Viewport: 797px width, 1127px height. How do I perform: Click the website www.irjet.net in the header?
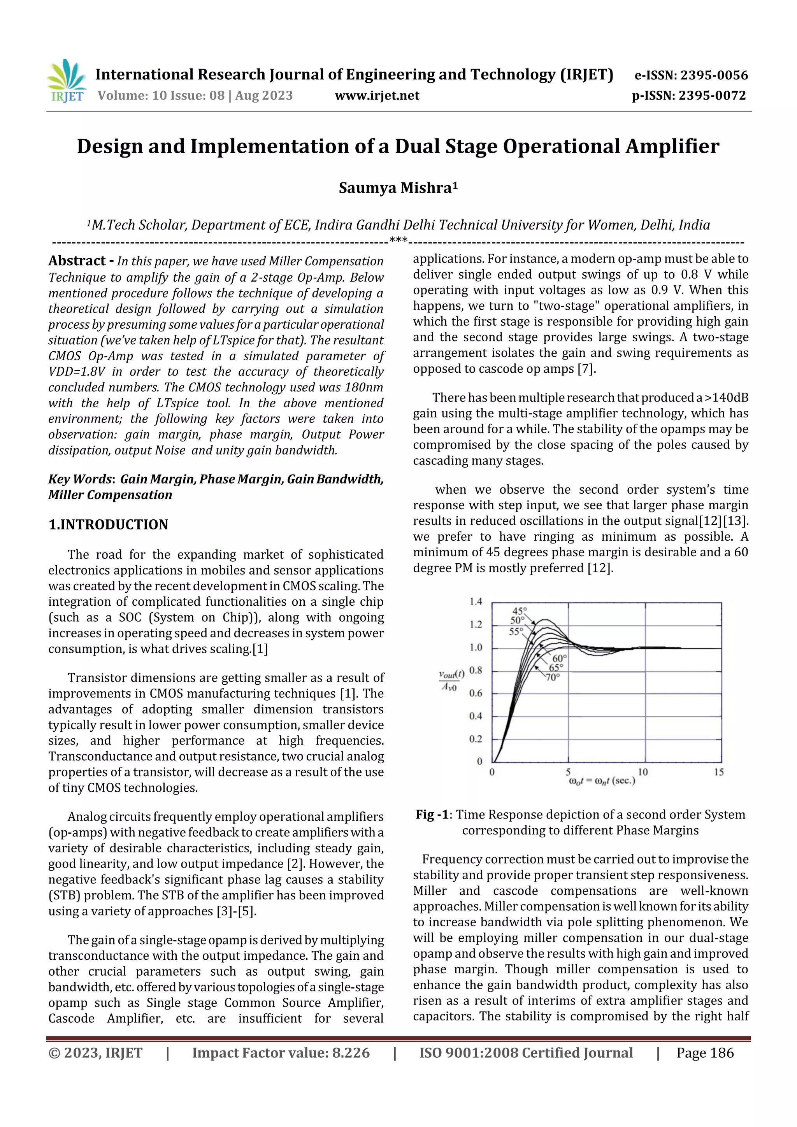[377, 96]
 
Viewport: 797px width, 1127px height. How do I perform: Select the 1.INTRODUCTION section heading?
[108, 525]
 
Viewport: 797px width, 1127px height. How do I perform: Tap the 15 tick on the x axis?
[718, 772]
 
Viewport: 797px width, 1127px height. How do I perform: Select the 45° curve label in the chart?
[519, 611]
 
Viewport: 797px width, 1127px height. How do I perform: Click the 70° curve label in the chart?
[553, 677]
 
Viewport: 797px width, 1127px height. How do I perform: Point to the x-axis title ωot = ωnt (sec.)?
[602, 781]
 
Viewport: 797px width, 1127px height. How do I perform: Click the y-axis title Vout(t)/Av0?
[451, 680]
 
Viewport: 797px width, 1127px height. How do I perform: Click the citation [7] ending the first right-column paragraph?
[586, 369]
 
